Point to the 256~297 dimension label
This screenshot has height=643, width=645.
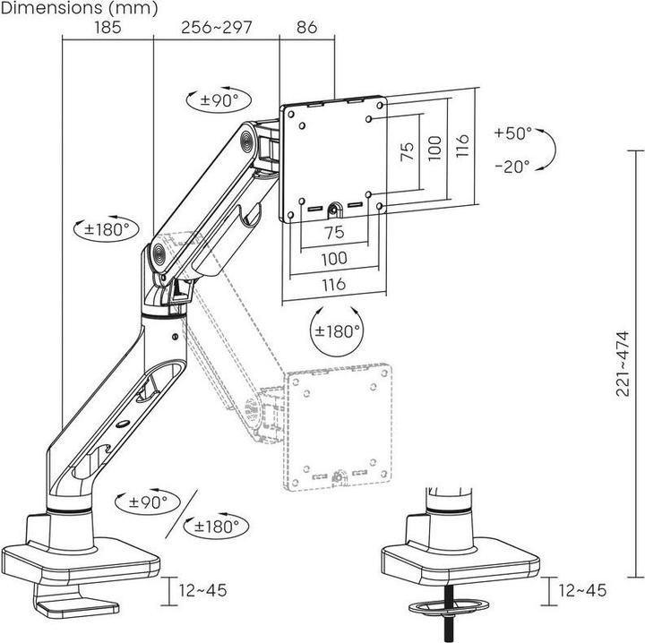217,27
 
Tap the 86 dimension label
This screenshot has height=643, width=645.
306,27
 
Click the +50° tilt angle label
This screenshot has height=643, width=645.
512,133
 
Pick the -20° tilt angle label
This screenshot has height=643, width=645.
512,166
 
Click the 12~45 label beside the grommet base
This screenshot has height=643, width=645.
582,590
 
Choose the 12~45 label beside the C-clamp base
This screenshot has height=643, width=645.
202,590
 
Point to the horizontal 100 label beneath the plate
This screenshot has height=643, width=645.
333,258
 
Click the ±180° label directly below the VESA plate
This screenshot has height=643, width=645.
338,330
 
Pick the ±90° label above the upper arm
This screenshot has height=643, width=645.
219,100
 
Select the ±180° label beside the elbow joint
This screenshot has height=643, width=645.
107,229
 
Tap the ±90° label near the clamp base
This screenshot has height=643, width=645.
148,502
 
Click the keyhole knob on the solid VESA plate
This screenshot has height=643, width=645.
334,210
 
